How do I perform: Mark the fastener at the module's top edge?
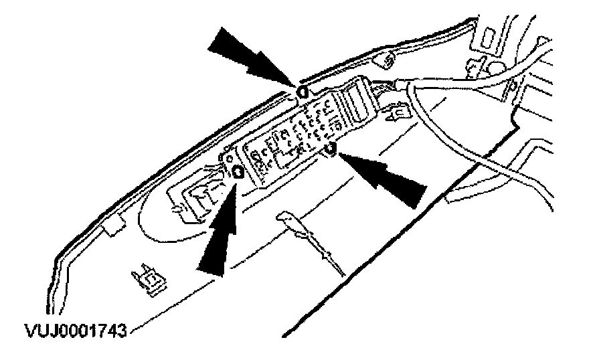tap(302, 92)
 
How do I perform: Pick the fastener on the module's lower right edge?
tap(329, 148)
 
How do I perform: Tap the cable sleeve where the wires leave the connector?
tap(405, 85)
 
